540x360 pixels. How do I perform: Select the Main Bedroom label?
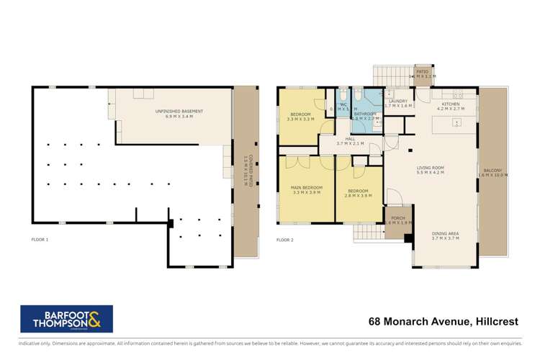(x=306, y=190)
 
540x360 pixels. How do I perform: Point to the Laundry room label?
(x=397, y=104)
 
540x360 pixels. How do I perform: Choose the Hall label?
(x=351, y=141)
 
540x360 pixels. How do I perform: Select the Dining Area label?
(x=445, y=236)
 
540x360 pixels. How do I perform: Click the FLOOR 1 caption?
(x=40, y=239)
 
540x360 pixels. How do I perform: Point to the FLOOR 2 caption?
(x=286, y=239)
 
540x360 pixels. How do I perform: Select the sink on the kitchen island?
(x=456, y=123)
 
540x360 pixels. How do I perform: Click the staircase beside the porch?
(x=366, y=231)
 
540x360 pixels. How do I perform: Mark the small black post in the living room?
(x=409, y=150)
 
